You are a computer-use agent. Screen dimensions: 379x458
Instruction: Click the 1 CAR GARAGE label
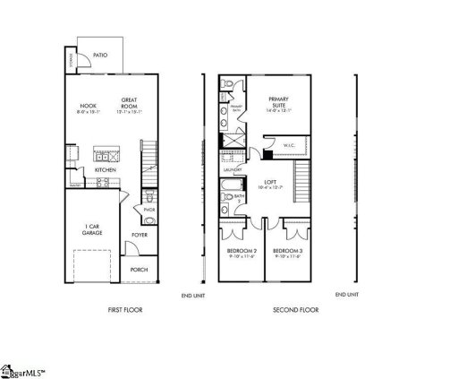(92, 229)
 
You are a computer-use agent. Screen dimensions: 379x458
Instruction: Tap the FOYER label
(140, 235)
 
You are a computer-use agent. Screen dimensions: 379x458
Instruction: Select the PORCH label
(139, 269)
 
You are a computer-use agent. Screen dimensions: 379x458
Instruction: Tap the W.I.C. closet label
(289, 143)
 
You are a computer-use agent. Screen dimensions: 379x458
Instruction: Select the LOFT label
(268, 183)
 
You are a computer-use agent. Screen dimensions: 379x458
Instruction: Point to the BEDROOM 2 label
(241, 250)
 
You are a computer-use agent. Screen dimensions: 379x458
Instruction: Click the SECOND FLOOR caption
(294, 310)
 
